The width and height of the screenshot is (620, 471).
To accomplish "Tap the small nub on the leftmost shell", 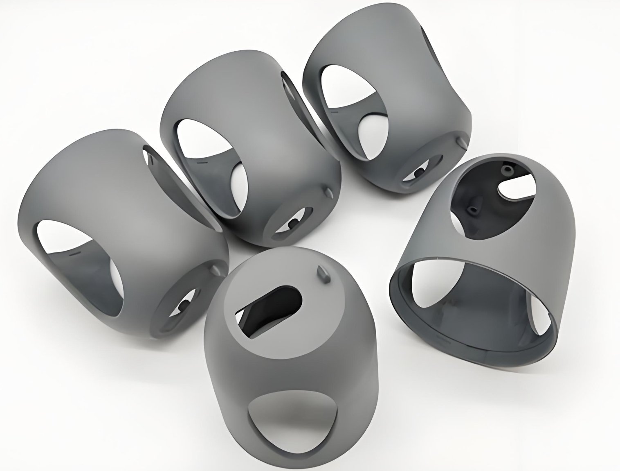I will tap(216, 269).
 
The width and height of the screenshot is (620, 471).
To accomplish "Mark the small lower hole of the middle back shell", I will tap(293, 224).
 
